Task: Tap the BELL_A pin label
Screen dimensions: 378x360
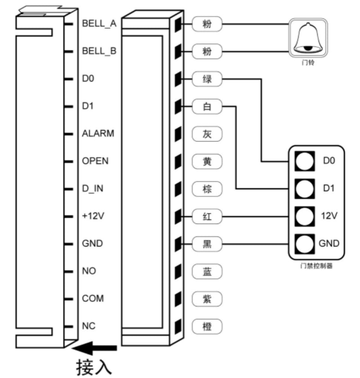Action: [99, 23]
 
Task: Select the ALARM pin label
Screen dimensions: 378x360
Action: [98, 133]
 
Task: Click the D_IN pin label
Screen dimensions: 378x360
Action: [92, 188]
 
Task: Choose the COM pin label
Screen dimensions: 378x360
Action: [93, 298]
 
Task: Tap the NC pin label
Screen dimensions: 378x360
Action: [89, 326]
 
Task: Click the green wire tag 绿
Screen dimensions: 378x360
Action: [207, 79]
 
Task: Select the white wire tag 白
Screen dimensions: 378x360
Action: [207, 107]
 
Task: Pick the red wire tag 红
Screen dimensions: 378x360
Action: [207, 217]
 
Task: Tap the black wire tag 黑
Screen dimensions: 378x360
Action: [207, 244]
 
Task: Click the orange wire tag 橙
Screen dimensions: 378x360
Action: [207, 327]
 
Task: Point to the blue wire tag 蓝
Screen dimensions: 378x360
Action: [207, 272]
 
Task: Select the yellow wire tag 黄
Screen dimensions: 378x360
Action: [207, 162]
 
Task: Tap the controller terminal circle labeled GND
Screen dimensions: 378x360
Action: [305, 244]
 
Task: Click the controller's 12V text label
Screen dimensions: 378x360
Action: [329, 216]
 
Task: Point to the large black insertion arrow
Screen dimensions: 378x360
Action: [95, 348]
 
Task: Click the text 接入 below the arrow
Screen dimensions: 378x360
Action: [93, 366]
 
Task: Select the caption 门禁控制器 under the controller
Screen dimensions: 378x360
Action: [316, 266]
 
